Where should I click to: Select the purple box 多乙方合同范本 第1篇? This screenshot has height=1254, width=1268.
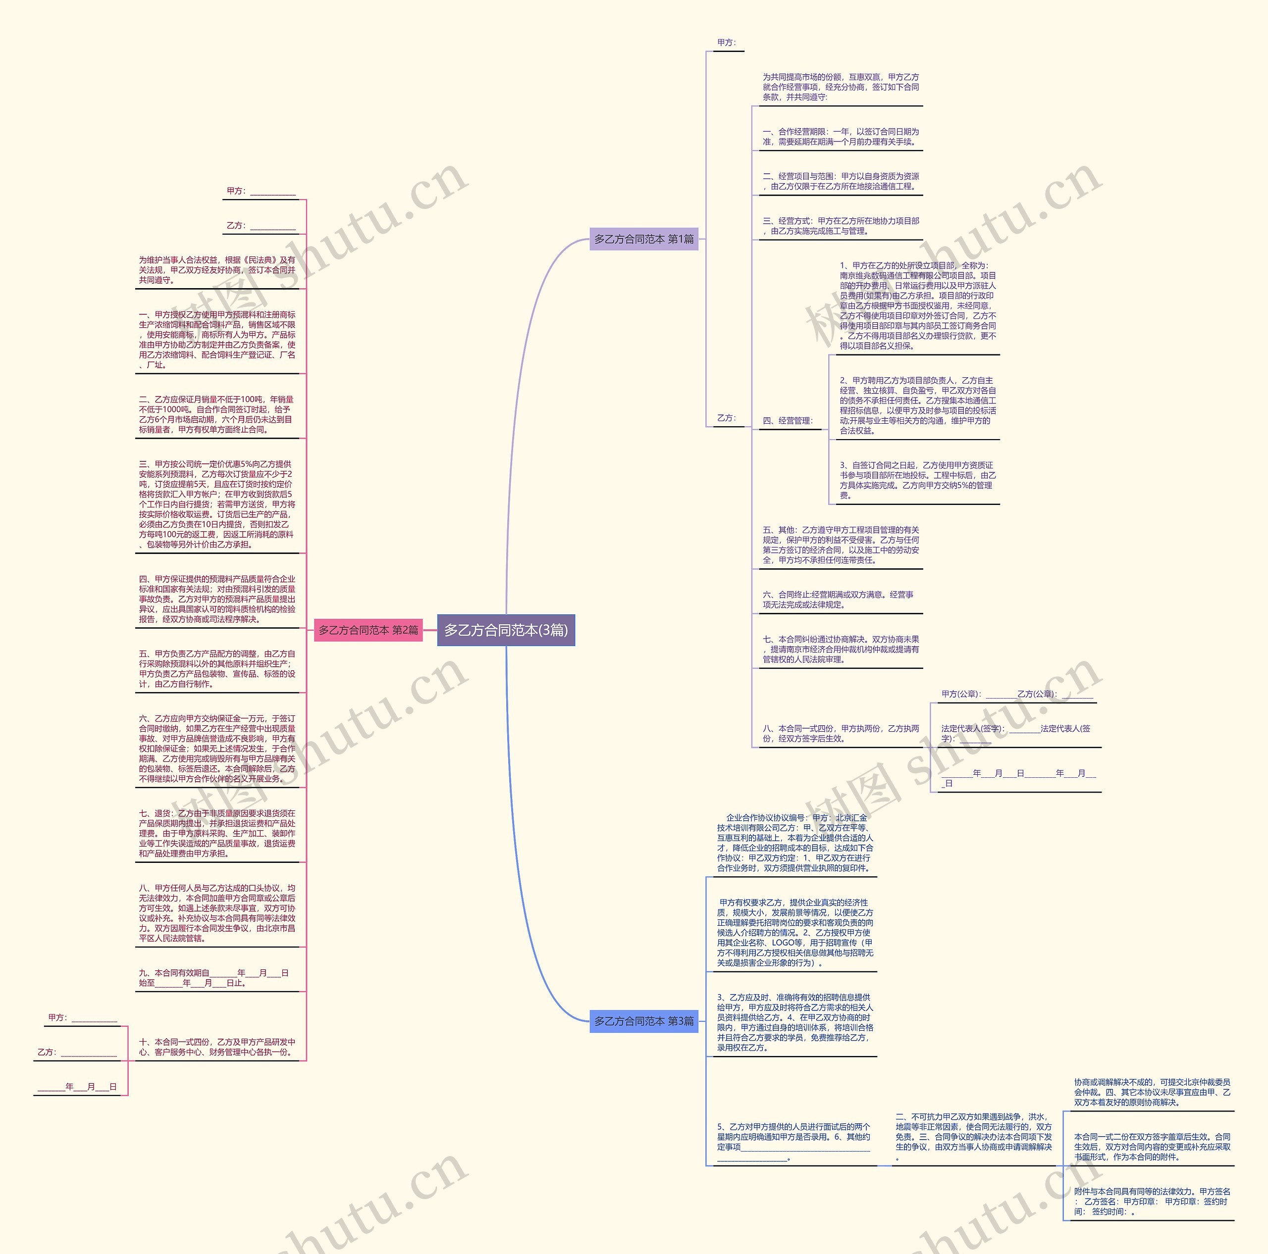pyautogui.click(x=643, y=240)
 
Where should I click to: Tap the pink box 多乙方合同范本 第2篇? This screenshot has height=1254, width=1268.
pyautogui.click(x=368, y=630)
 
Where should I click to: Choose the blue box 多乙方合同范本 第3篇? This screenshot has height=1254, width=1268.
pyautogui.click(x=643, y=1021)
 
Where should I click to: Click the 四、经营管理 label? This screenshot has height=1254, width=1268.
pyautogui.click(x=787, y=421)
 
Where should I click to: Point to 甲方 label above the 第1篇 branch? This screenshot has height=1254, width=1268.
pyautogui.click(x=727, y=43)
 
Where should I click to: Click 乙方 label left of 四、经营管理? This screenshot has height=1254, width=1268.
pyautogui.click(x=727, y=418)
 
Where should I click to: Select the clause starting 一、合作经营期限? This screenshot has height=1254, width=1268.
pyautogui.click(x=840, y=137)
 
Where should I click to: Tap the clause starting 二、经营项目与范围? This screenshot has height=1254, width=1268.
pyautogui.click(x=840, y=181)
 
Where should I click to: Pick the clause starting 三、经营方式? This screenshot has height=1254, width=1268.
pyautogui.click(x=840, y=226)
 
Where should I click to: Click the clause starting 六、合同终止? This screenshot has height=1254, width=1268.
pyautogui.click(x=838, y=600)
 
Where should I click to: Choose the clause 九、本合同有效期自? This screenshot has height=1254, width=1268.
pyautogui.click(x=213, y=978)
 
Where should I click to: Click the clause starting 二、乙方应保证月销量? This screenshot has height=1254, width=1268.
pyautogui.click(x=216, y=414)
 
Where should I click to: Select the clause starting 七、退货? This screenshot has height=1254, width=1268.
pyautogui.click(x=216, y=833)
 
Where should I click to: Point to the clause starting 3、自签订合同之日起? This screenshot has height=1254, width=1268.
pyautogui.click(x=917, y=480)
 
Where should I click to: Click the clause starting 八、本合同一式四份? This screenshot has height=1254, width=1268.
pyautogui.click(x=840, y=733)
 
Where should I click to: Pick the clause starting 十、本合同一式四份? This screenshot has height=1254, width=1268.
pyautogui.click(x=216, y=1047)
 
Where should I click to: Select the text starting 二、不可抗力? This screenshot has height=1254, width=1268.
pyautogui.click(x=973, y=1137)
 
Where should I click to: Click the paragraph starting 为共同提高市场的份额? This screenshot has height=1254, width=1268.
pyautogui.click(x=840, y=87)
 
